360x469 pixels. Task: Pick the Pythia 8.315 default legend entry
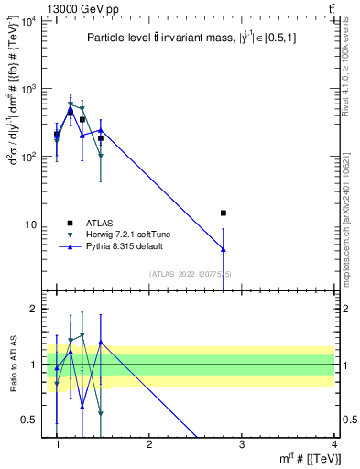118,247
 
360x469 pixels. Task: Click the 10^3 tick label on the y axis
27,89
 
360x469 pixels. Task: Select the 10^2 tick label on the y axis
27,157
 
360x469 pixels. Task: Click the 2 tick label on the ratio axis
34,309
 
